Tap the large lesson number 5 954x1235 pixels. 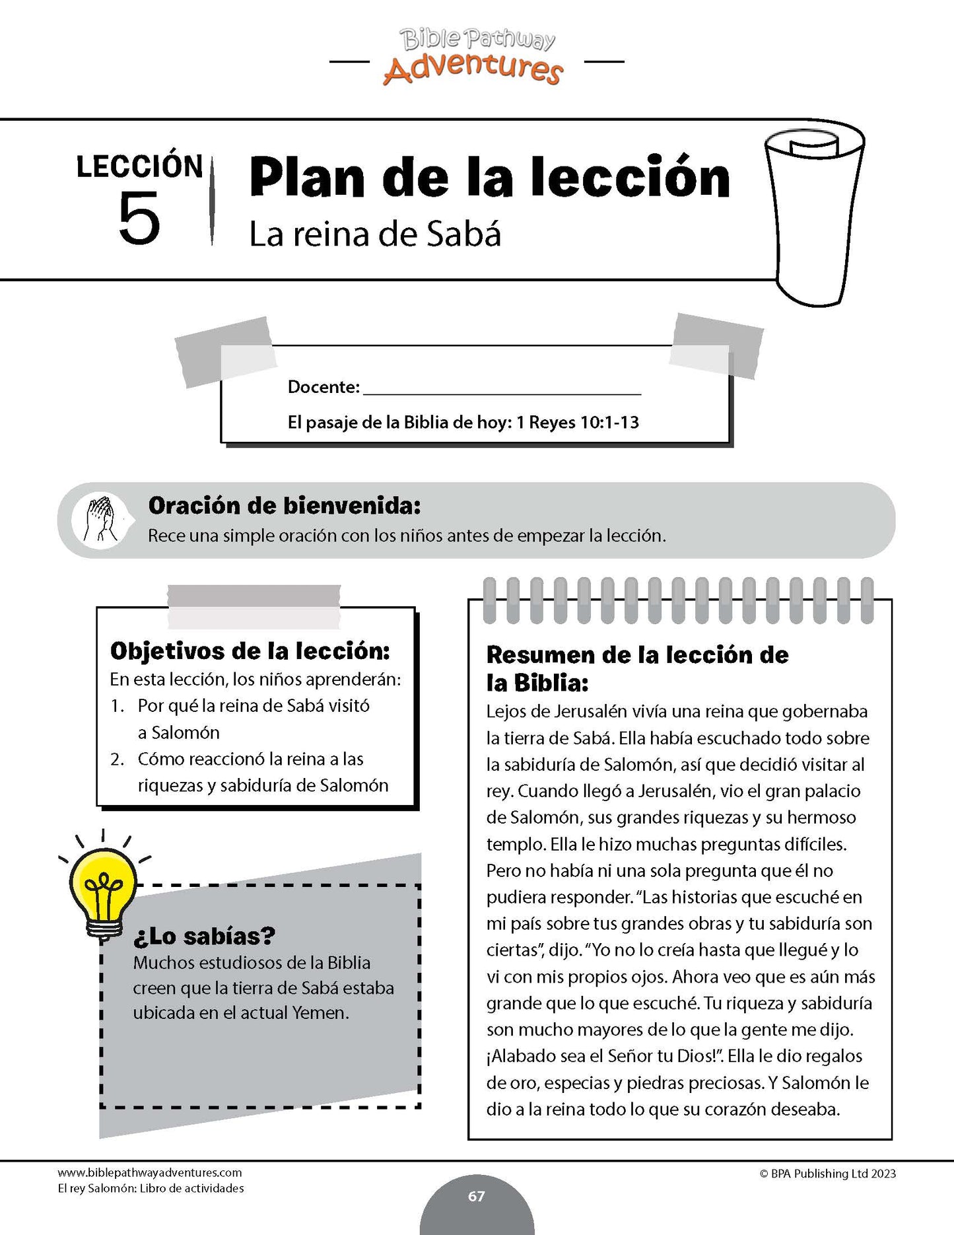click(139, 219)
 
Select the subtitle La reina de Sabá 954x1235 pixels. click(375, 234)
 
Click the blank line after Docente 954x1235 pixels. click(502, 388)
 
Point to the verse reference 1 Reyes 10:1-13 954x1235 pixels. click(578, 423)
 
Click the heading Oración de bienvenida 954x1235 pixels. click(285, 506)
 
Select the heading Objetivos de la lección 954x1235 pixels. click(250, 651)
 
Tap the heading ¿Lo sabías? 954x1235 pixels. click(204, 936)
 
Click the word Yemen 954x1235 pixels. click(320, 1013)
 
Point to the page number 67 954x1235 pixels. click(477, 1197)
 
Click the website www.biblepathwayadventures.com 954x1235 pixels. click(150, 1173)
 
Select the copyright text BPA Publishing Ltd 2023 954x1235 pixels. click(828, 1174)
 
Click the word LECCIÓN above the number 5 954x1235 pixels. click(139, 166)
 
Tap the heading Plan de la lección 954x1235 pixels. click(489, 178)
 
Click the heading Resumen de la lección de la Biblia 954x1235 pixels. click(637, 668)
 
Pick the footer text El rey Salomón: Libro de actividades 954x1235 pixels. click(151, 1189)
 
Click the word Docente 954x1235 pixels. click(324, 387)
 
